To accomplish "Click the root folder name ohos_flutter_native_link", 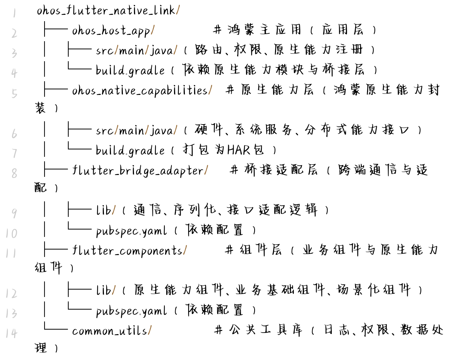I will point(105,10).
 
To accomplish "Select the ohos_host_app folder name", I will point(111,30).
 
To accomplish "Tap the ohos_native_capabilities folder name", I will point(140,90).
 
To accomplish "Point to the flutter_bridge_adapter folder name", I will point(138,171).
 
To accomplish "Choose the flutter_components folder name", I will point(127,251).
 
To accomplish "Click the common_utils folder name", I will point(109,331).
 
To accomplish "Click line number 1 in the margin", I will point(14,14).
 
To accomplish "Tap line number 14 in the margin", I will point(11,333).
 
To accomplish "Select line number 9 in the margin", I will point(14,214).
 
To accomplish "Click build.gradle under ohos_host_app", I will point(130,70).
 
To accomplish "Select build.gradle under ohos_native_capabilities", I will point(130,150).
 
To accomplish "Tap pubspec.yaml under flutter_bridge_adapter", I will point(131,231).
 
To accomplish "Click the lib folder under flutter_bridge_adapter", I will point(104,211).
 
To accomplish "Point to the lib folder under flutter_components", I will point(104,291).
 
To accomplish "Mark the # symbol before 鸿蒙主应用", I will point(218,29).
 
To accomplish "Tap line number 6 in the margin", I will point(14,134).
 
